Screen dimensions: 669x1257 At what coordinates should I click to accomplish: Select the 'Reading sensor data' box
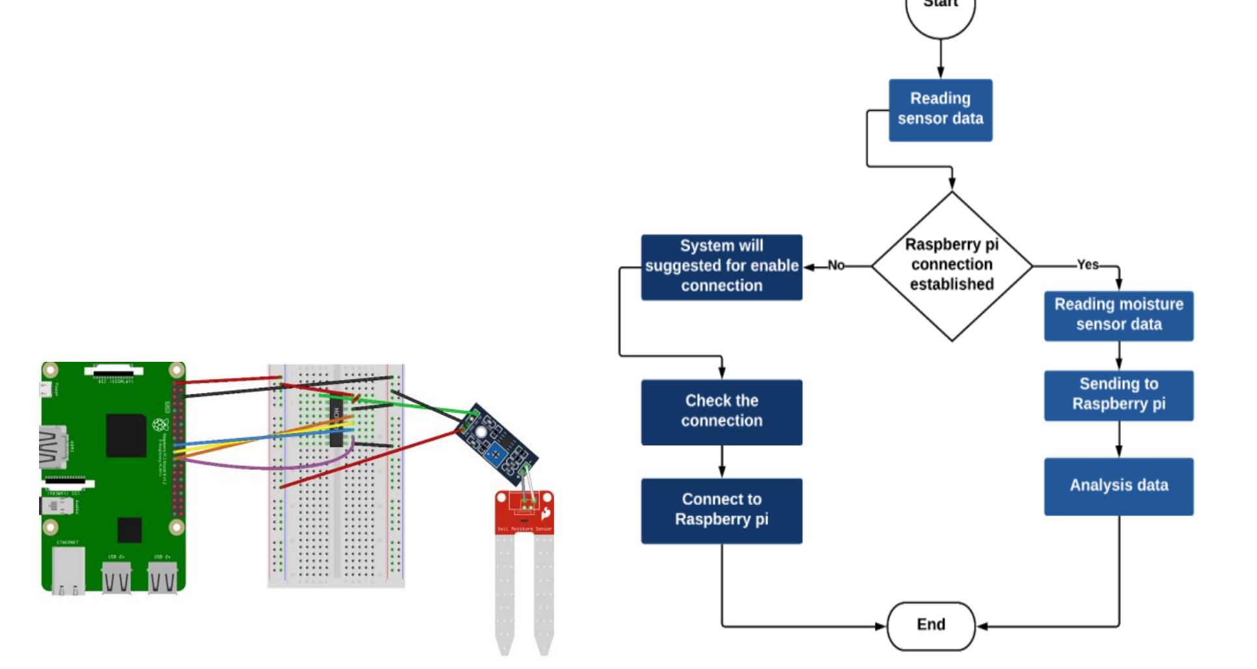[940, 110]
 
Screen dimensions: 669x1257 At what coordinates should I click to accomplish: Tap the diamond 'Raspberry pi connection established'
[951, 266]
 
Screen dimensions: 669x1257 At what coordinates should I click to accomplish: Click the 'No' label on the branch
[836, 266]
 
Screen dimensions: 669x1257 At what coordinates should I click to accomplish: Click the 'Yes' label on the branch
[1087, 265]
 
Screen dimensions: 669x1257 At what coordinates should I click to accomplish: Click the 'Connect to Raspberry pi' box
[721, 510]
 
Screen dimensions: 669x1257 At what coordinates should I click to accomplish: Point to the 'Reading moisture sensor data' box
[1118, 316]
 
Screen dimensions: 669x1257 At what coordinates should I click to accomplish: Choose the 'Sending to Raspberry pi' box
[1118, 395]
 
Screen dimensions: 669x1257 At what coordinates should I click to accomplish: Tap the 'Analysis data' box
[1118, 486]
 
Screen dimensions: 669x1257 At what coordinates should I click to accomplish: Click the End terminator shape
[931, 625]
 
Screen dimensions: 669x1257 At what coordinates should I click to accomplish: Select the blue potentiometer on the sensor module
[495, 454]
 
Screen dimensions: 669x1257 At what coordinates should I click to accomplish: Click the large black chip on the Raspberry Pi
[126, 435]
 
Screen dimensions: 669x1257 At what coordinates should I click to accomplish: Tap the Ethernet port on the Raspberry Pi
[68, 570]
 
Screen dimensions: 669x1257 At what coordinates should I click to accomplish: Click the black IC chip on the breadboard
[336, 423]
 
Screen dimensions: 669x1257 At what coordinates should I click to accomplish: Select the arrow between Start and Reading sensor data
[940, 60]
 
